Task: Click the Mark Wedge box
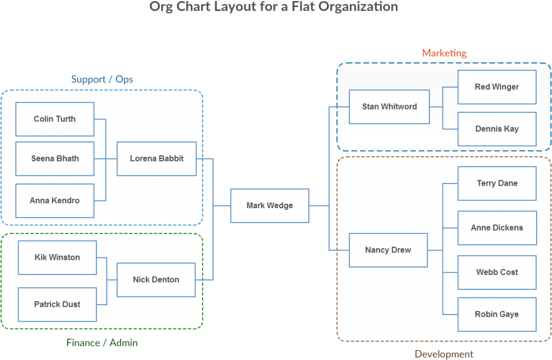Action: click(x=269, y=205)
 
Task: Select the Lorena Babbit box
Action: click(x=157, y=158)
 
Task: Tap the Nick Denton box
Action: click(x=156, y=279)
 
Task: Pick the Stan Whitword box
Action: click(x=389, y=107)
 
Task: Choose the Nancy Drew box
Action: click(x=388, y=250)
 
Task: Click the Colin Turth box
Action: click(x=55, y=119)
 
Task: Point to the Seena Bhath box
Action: click(x=55, y=158)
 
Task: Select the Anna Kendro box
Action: click(x=55, y=201)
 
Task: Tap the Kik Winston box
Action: click(x=58, y=258)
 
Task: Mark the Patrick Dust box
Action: click(x=58, y=304)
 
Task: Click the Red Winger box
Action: click(x=497, y=87)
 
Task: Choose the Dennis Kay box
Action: click(x=497, y=129)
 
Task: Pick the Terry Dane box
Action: click(x=497, y=184)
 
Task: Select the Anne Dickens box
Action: click(x=497, y=228)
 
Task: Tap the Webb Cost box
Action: click(x=497, y=272)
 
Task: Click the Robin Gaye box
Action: click(x=497, y=315)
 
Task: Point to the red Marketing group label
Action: click(x=444, y=53)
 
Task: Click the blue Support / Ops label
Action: click(x=102, y=79)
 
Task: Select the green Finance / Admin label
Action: click(x=102, y=343)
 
